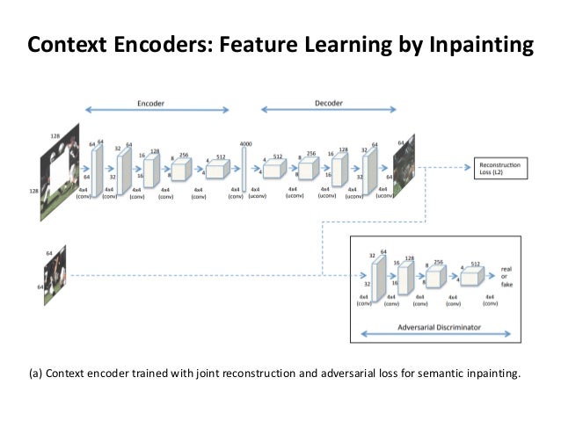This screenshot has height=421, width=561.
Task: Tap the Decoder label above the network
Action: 328,102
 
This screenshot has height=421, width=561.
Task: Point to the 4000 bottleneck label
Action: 245,143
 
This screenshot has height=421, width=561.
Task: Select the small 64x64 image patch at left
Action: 55,275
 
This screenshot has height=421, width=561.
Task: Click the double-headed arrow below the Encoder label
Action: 156,112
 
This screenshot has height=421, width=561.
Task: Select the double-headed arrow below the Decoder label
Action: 328,112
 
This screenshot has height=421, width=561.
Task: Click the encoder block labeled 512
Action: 216,169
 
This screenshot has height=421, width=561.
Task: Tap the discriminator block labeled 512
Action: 471,278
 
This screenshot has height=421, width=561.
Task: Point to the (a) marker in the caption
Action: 36,372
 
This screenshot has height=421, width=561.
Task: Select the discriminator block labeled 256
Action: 435,278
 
